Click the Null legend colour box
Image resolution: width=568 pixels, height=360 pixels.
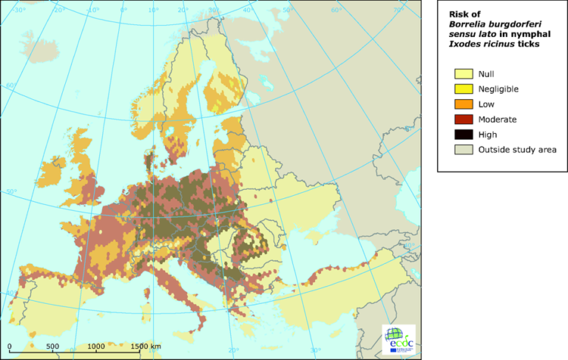[464, 74]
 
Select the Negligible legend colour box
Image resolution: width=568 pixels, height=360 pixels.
[464, 89]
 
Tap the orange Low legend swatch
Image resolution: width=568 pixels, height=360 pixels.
[464, 104]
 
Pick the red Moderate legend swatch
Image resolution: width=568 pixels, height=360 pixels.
[464, 119]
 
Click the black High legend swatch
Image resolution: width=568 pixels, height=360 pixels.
[464, 135]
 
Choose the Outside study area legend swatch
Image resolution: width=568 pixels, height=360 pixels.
[464, 149]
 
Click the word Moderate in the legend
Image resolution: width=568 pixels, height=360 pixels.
[498, 119]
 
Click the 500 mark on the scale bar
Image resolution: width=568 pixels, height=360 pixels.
[52, 346]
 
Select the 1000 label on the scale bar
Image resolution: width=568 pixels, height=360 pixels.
[95, 346]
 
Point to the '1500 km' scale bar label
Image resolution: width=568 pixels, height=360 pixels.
[146, 346]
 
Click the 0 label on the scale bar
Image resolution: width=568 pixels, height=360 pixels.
[10, 346]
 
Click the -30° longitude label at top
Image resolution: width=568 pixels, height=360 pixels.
[18, 10]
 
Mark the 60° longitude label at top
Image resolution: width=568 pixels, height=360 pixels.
[337, 10]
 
